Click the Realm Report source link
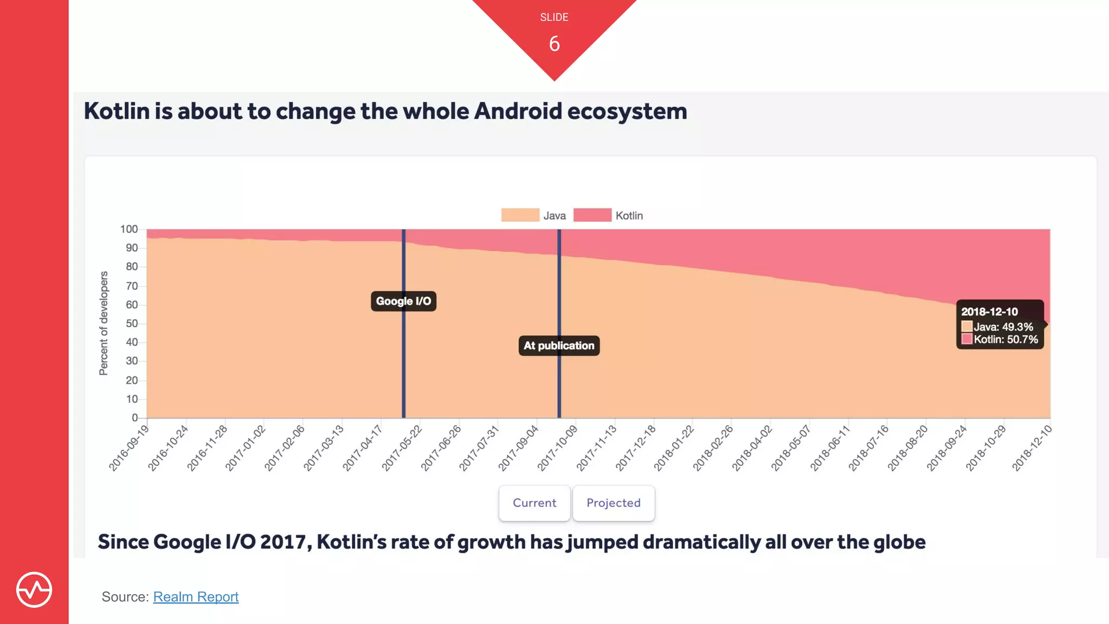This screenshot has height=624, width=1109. (195, 596)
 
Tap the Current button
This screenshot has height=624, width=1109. (534, 503)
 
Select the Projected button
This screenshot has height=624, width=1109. (614, 503)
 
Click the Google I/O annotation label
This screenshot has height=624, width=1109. (403, 301)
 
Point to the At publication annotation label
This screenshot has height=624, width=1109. (559, 346)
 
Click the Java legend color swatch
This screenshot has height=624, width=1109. (520, 215)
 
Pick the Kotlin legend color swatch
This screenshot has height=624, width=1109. (592, 215)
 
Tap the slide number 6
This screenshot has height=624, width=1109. (554, 44)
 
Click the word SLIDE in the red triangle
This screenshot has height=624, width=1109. (554, 17)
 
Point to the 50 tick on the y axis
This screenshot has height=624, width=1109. (132, 323)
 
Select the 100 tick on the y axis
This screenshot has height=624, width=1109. (129, 229)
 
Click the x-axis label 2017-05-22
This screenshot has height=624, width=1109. (402, 448)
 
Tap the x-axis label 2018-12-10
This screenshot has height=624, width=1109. (1032, 448)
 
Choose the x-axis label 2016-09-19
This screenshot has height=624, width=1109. (129, 448)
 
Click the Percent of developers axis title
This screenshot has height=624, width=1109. (103, 323)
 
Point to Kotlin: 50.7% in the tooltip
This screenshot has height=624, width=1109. (1006, 340)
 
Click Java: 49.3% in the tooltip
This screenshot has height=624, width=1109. (1003, 327)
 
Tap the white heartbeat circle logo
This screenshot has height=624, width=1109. (34, 589)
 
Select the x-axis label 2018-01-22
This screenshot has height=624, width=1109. (674, 448)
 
